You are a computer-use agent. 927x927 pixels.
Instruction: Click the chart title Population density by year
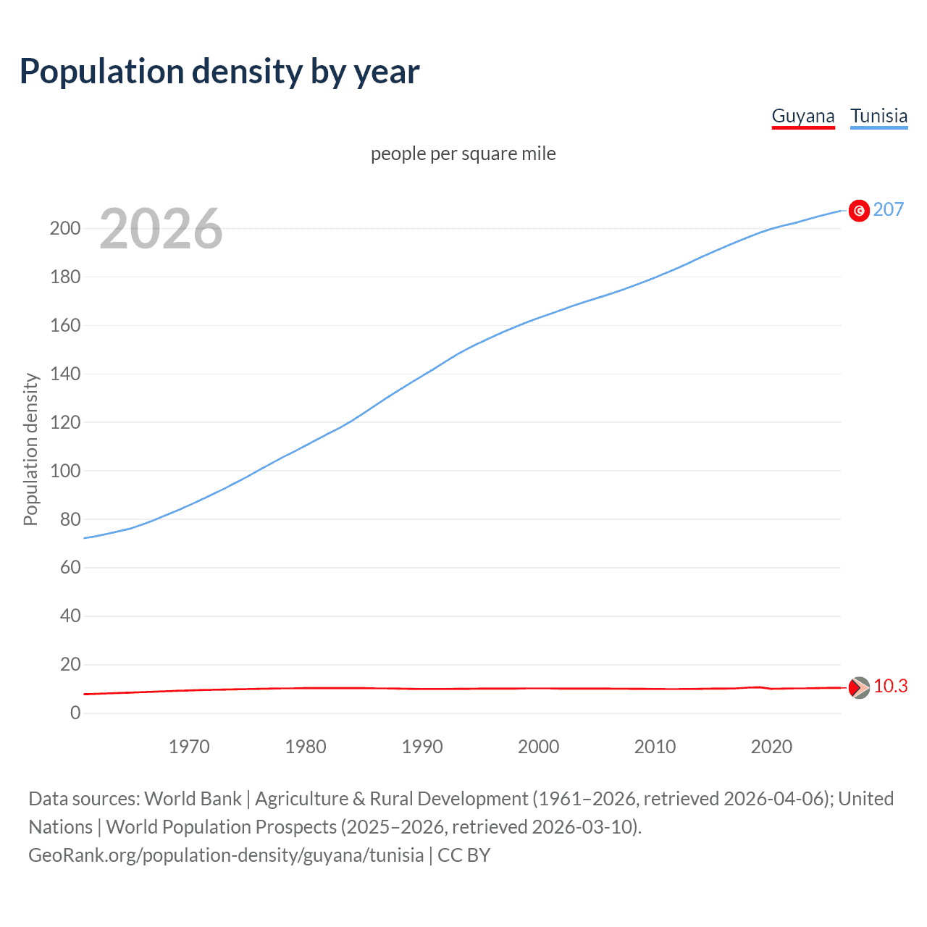click(x=219, y=72)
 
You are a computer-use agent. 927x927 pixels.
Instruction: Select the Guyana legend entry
click(x=802, y=116)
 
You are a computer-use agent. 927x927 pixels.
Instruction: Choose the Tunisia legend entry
click(x=878, y=116)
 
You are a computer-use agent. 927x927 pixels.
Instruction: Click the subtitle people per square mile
click(x=463, y=154)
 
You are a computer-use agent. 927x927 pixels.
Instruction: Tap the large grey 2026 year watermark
click(x=161, y=229)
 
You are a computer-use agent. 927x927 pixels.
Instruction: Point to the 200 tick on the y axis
click(x=65, y=229)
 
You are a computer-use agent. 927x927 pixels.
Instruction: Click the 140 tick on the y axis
click(x=65, y=374)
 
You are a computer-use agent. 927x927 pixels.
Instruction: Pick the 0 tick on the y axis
click(x=75, y=713)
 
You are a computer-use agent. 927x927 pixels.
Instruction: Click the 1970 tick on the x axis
click(x=189, y=747)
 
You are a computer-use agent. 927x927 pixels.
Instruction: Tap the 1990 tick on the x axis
click(x=422, y=747)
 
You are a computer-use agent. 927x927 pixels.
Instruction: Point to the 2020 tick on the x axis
click(x=771, y=747)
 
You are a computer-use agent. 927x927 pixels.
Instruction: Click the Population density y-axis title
click(x=30, y=449)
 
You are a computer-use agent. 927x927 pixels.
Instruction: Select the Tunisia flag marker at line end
click(x=859, y=211)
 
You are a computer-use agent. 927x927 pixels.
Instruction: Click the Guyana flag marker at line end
click(x=859, y=687)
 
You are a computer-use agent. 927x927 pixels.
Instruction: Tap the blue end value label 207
click(x=888, y=210)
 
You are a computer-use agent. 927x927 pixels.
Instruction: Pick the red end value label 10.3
click(x=890, y=687)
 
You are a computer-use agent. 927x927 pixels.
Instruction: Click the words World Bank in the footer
click(x=193, y=799)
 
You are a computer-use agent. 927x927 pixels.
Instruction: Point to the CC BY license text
click(x=464, y=855)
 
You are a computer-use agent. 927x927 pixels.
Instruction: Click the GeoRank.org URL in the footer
click(x=226, y=855)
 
